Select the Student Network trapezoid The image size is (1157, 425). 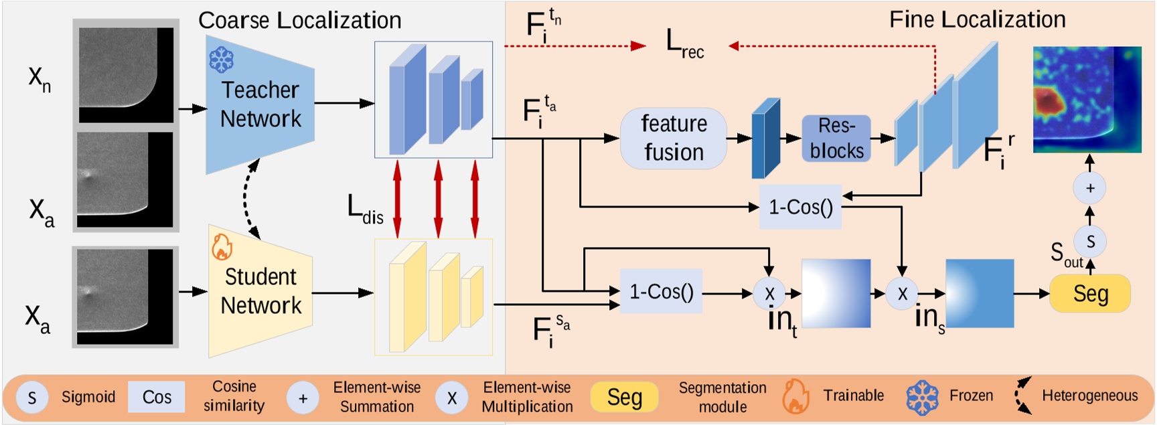pyautogui.click(x=260, y=291)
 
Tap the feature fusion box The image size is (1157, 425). pyautogui.click(x=674, y=138)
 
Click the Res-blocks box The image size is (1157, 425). pyautogui.click(x=836, y=138)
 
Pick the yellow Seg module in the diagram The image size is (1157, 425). pyautogui.click(x=1090, y=293)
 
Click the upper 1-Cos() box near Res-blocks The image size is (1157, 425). pyautogui.click(x=800, y=207)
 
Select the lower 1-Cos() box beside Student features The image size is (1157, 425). pyautogui.click(x=661, y=292)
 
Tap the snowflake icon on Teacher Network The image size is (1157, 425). pyautogui.click(x=221, y=60)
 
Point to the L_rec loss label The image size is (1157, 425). pyautogui.click(x=684, y=44)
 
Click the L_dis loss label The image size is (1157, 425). pyautogui.click(x=365, y=209)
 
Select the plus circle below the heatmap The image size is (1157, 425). pyautogui.click(x=1089, y=188)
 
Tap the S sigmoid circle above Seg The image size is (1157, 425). pyautogui.click(x=1090, y=242)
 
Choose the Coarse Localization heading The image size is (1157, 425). pyautogui.click(x=299, y=20)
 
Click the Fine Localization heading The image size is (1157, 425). pyautogui.click(x=977, y=19)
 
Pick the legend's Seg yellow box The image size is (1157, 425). pyautogui.click(x=624, y=398)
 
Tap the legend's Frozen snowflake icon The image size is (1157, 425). pyautogui.click(x=922, y=397)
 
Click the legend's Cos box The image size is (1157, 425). pyautogui.click(x=157, y=398)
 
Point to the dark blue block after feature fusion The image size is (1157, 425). pyautogui.click(x=765, y=139)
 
